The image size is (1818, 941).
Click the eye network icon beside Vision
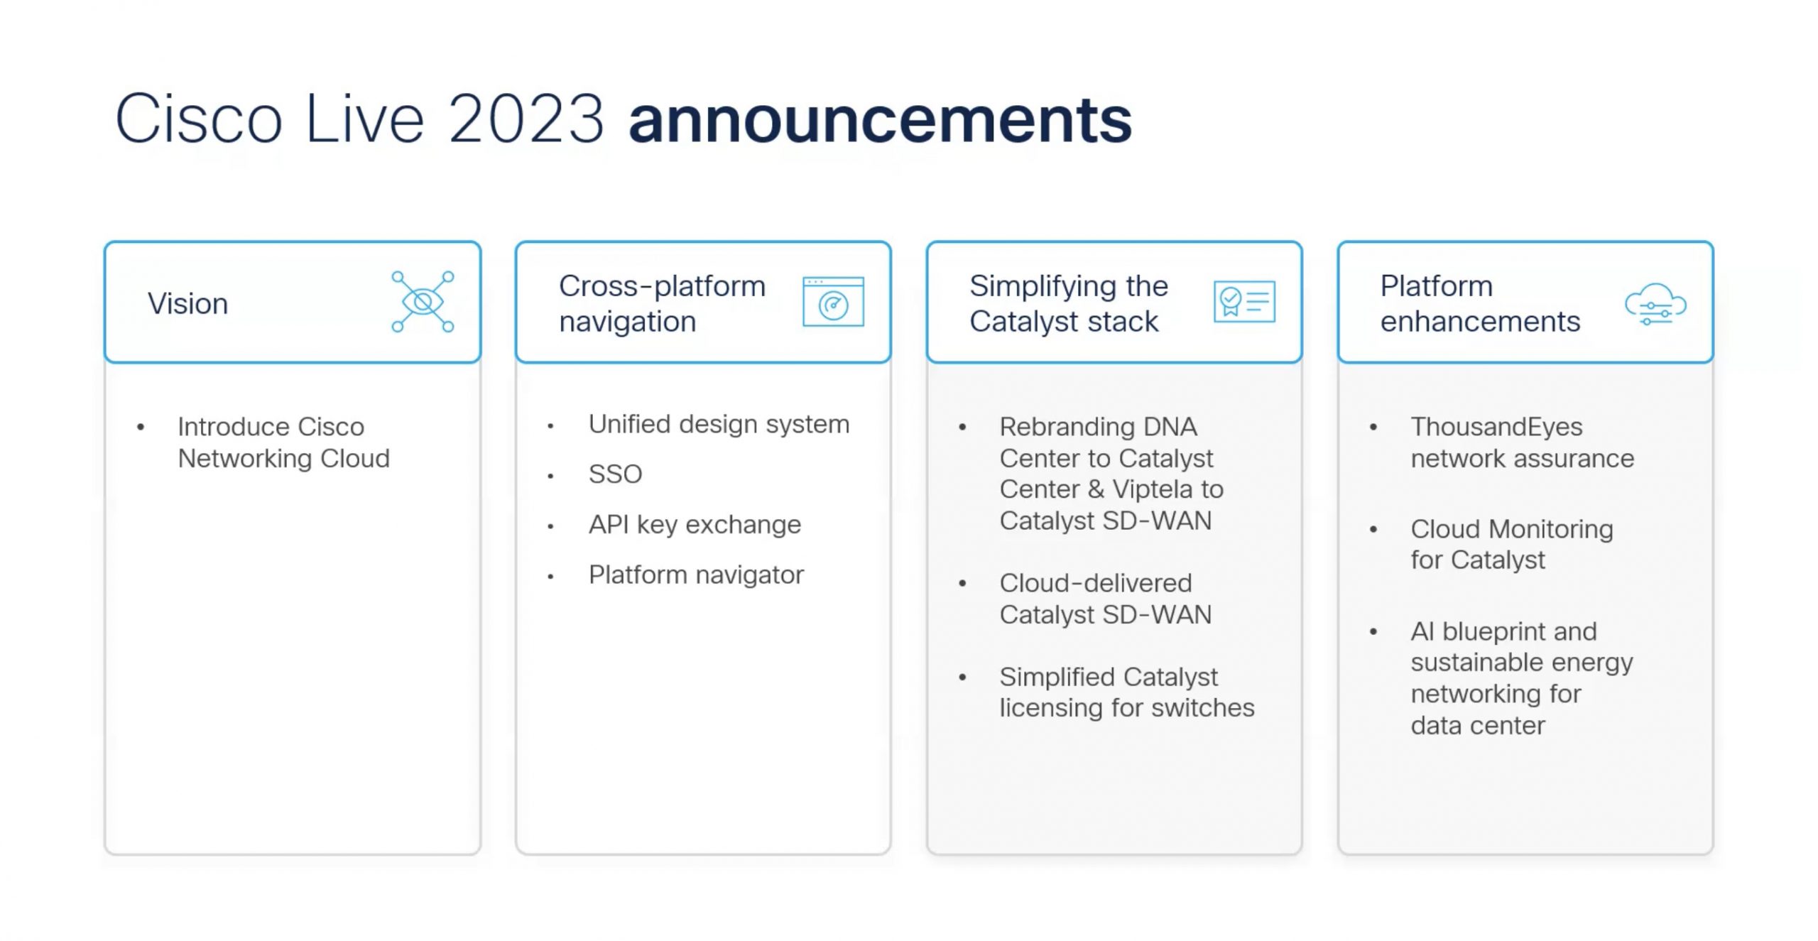click(x=423, y=301)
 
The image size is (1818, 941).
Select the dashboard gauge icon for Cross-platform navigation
click(x=833, y=302)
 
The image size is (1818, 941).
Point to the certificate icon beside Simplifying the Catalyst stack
click(x=1244, y=301)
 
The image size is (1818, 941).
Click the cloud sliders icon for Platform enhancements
click(x=1655, y=304)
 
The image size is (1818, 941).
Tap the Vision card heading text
click(x=187, y=303)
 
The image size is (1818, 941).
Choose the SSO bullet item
click(x=615, y=474)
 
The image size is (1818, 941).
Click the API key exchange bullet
click(x=695, y=524)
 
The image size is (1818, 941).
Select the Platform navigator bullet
click(x=696, y=575)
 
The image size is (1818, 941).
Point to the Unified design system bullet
click(x=719, y=424)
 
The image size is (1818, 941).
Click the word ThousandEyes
click(x=1496, y=427)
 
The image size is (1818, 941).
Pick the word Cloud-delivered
click(x=1095, y=583)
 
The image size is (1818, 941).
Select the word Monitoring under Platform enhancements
click(x=1551, y=529)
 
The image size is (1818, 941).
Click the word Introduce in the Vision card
click(x=234, y=427)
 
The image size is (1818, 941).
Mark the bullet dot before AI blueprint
click(x=1373, y=631)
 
